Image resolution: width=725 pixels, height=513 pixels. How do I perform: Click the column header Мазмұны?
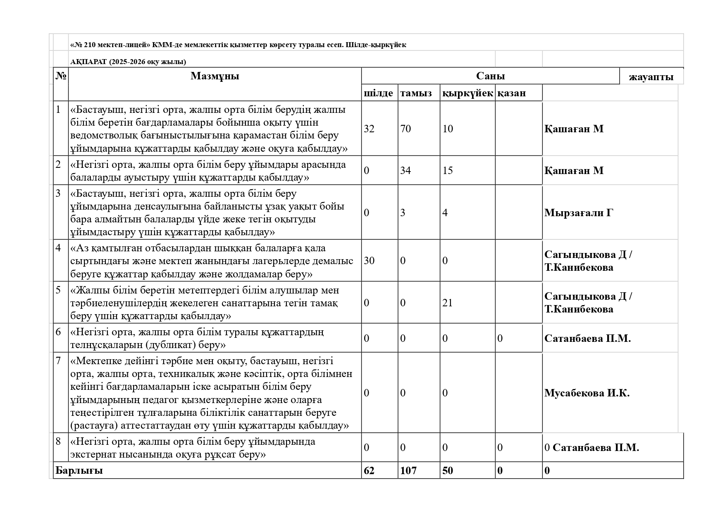coord(215,76)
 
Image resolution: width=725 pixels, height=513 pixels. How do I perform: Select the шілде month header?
coord(378,93)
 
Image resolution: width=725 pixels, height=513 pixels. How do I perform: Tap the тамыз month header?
coord(416,93)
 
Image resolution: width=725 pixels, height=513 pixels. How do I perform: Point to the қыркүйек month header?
coord(467,93)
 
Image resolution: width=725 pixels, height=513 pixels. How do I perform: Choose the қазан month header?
coord(511,93)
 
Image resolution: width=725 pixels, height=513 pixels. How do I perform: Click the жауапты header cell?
coord(651,77)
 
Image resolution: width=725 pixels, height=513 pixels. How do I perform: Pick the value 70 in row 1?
coord(405,129)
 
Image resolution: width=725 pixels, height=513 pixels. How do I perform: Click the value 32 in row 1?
coord(369,129)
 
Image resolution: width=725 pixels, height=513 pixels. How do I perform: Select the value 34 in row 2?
coord(405,170)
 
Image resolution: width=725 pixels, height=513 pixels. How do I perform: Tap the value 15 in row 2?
coord(448,170)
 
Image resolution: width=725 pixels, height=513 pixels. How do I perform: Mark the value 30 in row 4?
coord(369,260)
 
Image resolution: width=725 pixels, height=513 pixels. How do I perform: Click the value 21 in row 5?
coord(448,303)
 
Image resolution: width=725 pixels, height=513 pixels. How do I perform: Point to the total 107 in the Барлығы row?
coord(408,470)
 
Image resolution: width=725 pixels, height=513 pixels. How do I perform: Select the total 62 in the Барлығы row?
coord(369,470)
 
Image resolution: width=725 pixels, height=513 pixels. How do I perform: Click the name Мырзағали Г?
coord(578,212)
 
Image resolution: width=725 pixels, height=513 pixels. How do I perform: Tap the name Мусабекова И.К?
coord(587,393)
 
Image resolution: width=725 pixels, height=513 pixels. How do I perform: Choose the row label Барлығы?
coord(79,470)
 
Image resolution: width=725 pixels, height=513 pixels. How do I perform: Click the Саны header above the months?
coord(490,76)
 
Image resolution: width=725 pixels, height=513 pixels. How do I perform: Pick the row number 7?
coord(58,360)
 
